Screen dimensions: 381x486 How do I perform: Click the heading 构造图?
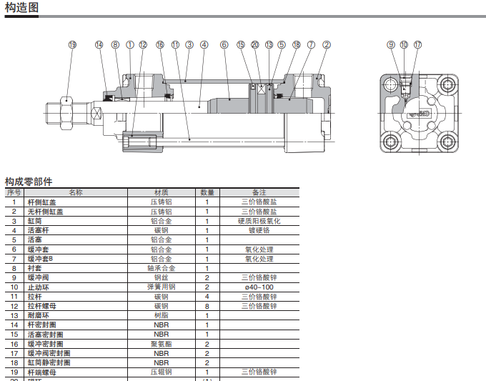22,8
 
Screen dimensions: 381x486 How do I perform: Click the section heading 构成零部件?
29,182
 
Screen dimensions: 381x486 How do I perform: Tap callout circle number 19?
72,45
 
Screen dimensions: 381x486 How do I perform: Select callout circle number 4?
204,45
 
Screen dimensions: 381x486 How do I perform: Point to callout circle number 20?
255,45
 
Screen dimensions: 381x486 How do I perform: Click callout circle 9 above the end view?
391,45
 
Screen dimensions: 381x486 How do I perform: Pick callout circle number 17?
418,45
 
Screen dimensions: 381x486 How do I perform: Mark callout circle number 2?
327,45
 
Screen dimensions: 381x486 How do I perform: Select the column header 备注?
259,192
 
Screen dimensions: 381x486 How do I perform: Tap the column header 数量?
207,192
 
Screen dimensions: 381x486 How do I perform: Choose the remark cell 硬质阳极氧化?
259,221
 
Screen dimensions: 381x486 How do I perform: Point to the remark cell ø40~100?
259,287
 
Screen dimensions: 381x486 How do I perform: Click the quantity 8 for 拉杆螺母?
207,306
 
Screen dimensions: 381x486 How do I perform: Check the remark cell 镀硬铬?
259,231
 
